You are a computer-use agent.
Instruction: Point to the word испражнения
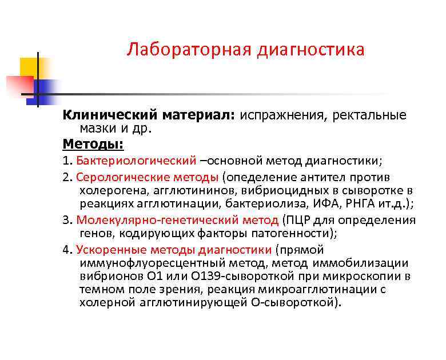pos(280,115)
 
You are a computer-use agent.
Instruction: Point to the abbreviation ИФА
pos(314,205)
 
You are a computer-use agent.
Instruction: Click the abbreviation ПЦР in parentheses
pos(295,220)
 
